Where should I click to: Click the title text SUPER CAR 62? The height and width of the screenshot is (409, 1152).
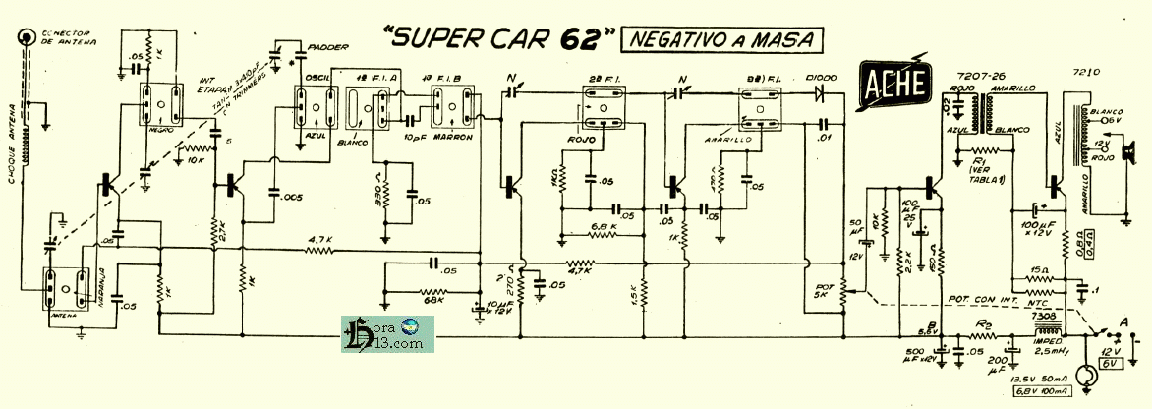click(x=497, y=38)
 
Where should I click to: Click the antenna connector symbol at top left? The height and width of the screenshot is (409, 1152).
click(x=23, y=41)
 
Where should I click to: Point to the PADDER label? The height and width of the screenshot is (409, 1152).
click(x=324, y=46)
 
